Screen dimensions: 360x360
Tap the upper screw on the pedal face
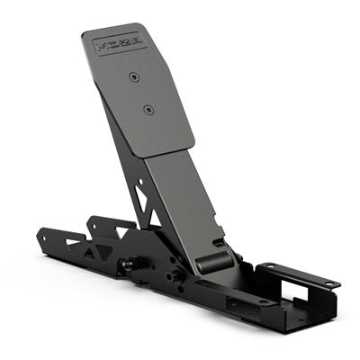click(x=132, y=77)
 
